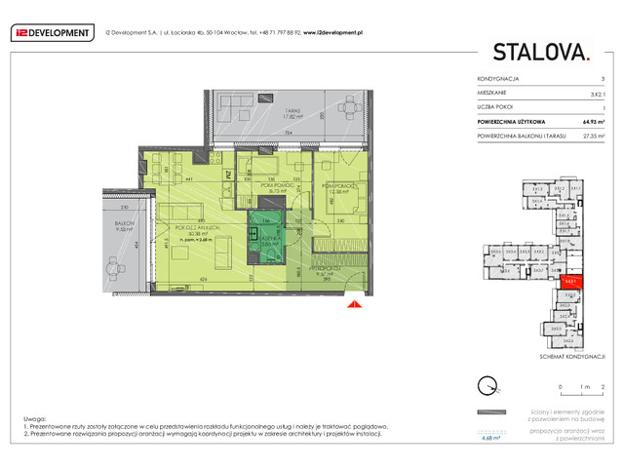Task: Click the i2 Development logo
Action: pos(53,32)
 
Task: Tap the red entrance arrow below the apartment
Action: pos(353,304)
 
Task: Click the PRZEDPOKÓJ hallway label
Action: pos(326,273)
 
